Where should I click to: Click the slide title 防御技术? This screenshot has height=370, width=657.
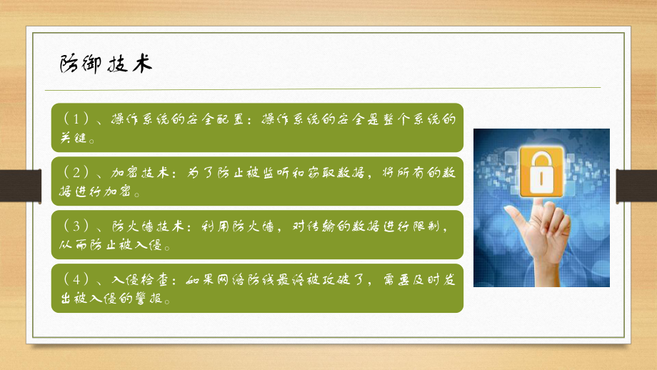pos(105,64)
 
